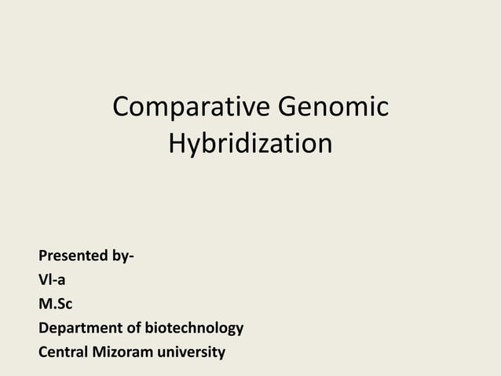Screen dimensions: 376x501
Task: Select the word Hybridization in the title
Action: pyautogui.click(x=250, y=145)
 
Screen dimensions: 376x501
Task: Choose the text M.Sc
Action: pyautogui.click(x=56, y=304)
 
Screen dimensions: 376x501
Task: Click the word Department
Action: pyautogui.click(x=82, y=327)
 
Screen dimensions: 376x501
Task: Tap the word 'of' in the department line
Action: pyautogui.click(x=139, y=327)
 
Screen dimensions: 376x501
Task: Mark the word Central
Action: pyautogui.click(x=65, y=352)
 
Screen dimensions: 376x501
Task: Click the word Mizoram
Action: pyautogui.click(x=128, y=352)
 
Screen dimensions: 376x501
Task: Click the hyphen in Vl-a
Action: pyautogui.click(x=55, y=281)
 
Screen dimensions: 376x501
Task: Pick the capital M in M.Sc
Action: pyautogui.click(x=46, y=304)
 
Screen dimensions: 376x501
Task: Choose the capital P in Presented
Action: pyautogui.click(x=43, y=256)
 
